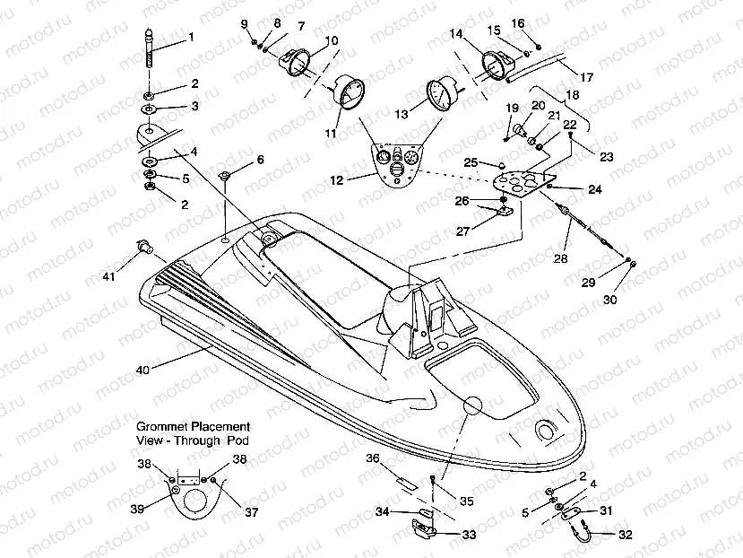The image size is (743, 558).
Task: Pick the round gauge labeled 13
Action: click(438, 94)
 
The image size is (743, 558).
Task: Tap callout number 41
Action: click(108, 277)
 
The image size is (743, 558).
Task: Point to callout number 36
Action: click(372, 458)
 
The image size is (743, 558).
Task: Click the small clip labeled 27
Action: click(504, 213)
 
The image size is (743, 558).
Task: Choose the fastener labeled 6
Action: click(226, 174)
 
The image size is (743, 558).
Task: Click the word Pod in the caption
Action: click(238, 441)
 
